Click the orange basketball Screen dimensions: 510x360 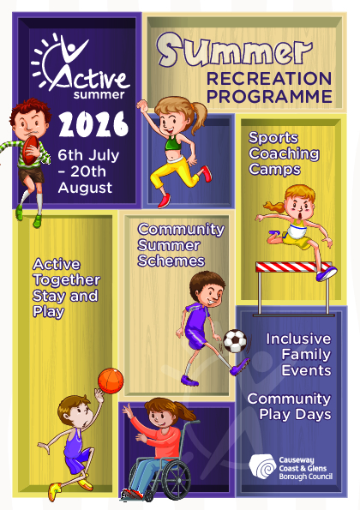111,379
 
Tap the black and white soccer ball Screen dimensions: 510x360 234,341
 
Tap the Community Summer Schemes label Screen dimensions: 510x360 180,245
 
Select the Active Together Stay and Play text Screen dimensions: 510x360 65,288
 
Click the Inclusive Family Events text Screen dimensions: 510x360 297,354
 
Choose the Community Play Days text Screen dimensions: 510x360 289,406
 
